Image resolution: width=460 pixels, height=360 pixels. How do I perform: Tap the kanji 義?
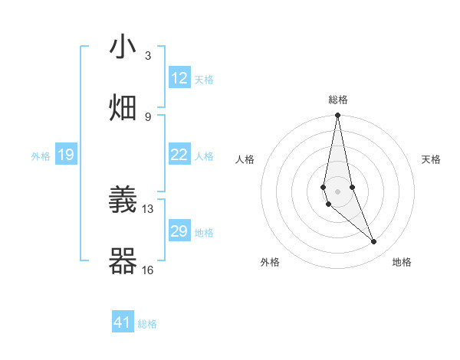[x=123, y=201]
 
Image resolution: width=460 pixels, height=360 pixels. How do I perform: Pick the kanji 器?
[x=123, y=261]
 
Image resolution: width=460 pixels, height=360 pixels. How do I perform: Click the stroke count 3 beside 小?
[x=148, y=56]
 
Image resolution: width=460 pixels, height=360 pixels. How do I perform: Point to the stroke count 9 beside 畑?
[x=148, y=116]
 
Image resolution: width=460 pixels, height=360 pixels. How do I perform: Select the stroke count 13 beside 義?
[x=148, y=208]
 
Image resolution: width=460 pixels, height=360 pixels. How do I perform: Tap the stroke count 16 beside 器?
[x=148, y=270]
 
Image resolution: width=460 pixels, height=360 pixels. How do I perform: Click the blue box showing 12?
[x=179, y=78]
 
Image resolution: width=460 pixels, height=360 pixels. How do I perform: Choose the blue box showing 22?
[x=179, y=155]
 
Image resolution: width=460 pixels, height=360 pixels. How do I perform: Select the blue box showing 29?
[x=179, y=231]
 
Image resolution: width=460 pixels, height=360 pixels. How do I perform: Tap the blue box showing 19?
[x=66, y=155]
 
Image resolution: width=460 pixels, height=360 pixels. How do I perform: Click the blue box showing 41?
[x=123, y=322]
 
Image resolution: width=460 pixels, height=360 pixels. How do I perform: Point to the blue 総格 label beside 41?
[x=147, y=324]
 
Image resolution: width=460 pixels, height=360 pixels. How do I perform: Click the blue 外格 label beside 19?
[x=41, y=156]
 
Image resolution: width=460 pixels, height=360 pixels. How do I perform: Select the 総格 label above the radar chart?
[x=337, y=100]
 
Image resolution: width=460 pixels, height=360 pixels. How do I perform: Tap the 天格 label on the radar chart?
[x=431, y=159]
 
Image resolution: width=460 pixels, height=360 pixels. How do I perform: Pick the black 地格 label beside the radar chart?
[x=402, y=262]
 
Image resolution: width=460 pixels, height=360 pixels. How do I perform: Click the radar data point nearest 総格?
[x=337, y=116]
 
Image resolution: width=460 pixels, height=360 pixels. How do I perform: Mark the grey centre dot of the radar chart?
[x=337, y=191]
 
